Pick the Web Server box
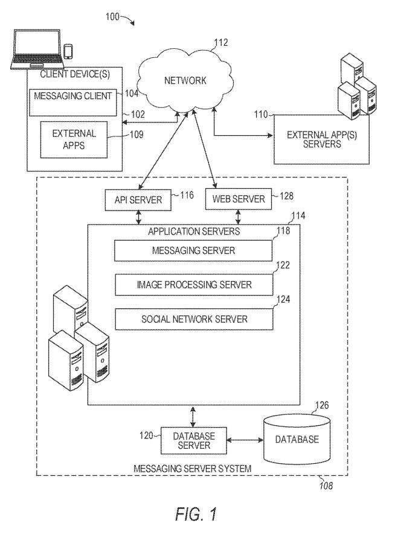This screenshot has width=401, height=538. coord(239,200)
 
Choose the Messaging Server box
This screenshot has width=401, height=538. coord(193,250)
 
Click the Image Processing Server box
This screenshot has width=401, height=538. coord(193,284)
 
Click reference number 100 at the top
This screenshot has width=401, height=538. coord(113,17)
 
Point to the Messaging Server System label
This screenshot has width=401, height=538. coord(193,468)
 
